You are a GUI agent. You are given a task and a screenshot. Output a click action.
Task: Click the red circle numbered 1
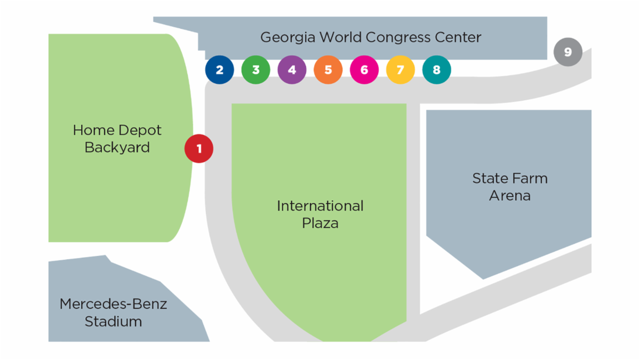pos(199,149)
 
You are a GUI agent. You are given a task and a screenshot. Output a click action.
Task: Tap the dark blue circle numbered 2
pos(219,70)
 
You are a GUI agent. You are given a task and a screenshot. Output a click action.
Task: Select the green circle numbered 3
pos(255,70)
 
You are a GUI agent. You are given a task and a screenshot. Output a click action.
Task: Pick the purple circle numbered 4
pos(292,70)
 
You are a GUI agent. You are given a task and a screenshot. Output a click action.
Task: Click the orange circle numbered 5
pos(328,70)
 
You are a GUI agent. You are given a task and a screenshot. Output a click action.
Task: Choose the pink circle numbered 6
pos(364,70)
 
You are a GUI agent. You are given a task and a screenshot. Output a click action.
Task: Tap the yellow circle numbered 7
pos(401,70)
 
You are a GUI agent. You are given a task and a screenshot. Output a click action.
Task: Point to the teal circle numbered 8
pos(437,70)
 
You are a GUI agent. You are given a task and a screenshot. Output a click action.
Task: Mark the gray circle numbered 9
pos(567,52)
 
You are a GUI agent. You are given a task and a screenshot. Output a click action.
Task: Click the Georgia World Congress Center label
pos(371,38)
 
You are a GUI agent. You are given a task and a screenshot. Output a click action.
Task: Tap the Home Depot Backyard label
pos(117,139)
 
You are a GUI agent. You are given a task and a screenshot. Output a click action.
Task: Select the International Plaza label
pos(320,214)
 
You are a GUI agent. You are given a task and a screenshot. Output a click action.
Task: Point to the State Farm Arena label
pos(510,187)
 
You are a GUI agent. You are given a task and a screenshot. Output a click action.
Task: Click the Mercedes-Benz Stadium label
pos(113,313)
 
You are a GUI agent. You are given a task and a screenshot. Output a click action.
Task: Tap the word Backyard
pos(117,148)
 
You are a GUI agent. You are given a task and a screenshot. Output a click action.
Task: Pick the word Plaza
pos(320,223)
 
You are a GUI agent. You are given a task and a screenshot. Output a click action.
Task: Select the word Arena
pos(510,196)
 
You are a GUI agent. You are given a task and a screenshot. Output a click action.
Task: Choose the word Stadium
pos(113,322)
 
